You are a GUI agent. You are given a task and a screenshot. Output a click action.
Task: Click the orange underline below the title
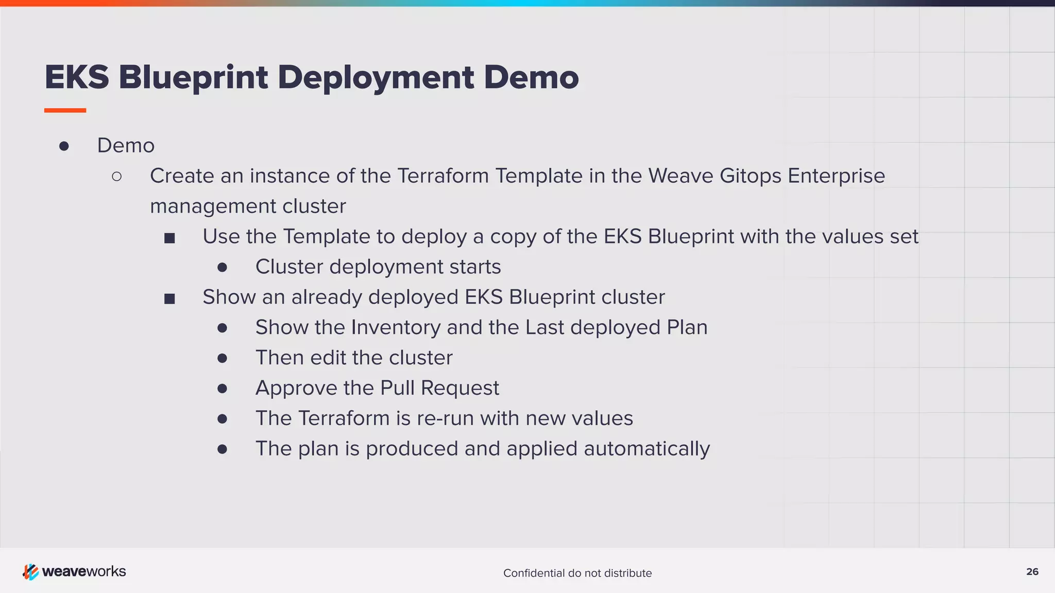pyautogui.click(x=65, y=110)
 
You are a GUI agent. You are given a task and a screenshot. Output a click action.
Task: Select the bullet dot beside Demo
pyautogui.click(x=64, y=146)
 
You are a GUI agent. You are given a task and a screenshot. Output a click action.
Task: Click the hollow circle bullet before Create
pyautogui.click(x=117, y=177)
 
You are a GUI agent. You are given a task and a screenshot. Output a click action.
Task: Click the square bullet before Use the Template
pyautogui.click(x=169, y=238)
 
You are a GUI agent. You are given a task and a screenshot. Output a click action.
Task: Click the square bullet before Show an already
pyautogui.click(x=169, y=299)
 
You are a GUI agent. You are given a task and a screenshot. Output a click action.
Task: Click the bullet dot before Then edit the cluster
pyautogui.click(x=222, y=358)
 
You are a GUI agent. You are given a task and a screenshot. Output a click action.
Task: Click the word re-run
pyautogui.click(x=446, y=418)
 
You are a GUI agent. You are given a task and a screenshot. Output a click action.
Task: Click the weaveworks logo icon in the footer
pyautogui.click(x=30, y=572)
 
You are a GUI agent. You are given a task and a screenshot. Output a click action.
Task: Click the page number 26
pyautogui.click(x=1032, y=572)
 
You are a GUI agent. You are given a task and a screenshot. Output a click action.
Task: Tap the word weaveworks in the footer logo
pyautogui.click(x=84, y=572)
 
